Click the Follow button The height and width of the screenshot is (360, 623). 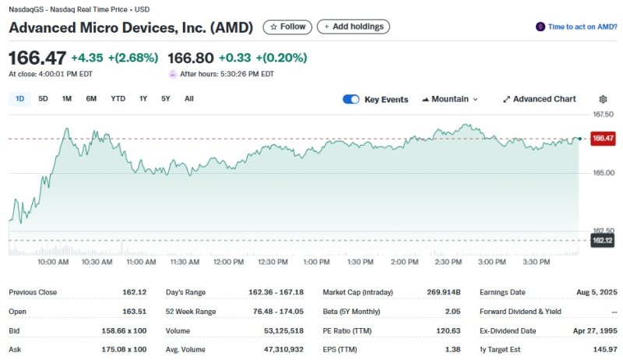(x=287, y=26)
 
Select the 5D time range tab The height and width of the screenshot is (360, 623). (x=44, y=99)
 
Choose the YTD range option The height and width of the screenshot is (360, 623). (x=118, y=99)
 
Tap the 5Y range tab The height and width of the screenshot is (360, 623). (x=166, y=99)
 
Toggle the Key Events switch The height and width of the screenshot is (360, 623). (x=351, y=99)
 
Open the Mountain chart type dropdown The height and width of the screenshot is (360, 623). (x=450, y=99)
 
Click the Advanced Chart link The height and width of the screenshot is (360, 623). (x=540, y=99)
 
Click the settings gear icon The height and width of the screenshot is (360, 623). (x=603, y=99)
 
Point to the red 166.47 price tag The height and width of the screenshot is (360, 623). (x=603, y=138)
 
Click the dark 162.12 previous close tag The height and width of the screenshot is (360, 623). (x=603, y=241)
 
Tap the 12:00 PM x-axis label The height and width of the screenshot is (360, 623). (x=228, y=262)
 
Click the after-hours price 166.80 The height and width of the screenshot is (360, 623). (x=191, y=58)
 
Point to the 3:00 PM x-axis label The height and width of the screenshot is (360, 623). (x=491, y=262)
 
